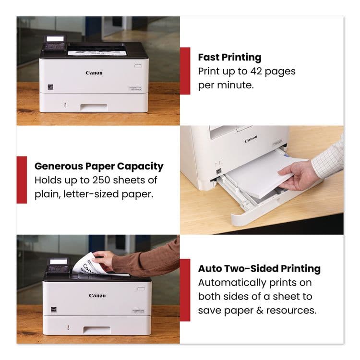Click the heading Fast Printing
tap(229, 57)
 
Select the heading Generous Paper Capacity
tap(99, 167)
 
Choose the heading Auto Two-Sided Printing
tap(259, 268)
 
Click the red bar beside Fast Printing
tap(185, 71)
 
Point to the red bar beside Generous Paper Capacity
tap(22, 180)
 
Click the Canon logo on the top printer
tap(94, 73)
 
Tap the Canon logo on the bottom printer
tap(97, 296)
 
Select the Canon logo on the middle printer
tap(251, 140)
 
